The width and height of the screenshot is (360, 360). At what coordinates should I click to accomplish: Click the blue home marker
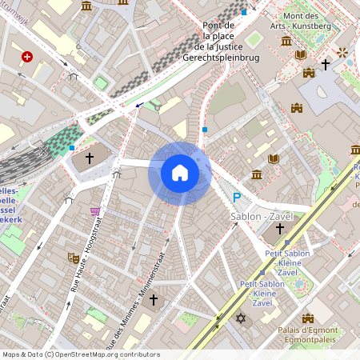click(x=180, y=173)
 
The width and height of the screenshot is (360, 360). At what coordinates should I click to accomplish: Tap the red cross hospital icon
click(x=28, y=57)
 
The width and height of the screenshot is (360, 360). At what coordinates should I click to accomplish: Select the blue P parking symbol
click(x=236, y=198)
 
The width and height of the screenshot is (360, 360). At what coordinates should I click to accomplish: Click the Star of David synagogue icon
click(x=239, y=319)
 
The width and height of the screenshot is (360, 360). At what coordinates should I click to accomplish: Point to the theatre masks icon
click(x=72, y=258)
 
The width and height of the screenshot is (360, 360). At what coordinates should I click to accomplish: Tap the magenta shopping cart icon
click(x=96, y=211)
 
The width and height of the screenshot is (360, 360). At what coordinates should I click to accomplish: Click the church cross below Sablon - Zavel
click(x=280, y=229)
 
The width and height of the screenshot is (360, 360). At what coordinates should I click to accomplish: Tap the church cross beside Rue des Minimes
click(x=153, y=300)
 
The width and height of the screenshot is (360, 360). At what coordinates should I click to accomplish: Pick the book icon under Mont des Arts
click(x=302, y=54)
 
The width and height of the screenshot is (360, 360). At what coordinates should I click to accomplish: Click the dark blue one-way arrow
click(x=141, y=104)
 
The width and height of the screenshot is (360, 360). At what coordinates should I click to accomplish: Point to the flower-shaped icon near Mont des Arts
click(x=343, y=53)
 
